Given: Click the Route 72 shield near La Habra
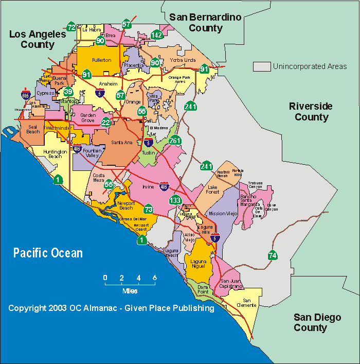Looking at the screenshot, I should pos(71,27).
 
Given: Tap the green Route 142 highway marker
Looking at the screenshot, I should pos(157,35).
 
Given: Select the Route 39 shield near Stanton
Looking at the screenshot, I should pos(68,92).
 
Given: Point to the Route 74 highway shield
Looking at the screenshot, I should pos(273,255).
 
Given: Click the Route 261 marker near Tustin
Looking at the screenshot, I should pos(175,141).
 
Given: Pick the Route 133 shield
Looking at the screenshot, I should pos(176,200).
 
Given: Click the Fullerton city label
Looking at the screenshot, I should pos(101,60).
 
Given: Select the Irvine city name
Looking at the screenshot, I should pos(148,187).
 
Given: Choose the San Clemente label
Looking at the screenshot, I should pos(249,303).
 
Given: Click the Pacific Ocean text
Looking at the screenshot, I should pos(48,253).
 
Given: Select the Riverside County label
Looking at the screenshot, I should pos(311,112).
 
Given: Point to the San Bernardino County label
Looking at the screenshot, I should pos(205,23).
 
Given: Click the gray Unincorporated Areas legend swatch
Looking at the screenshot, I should pos(261,66).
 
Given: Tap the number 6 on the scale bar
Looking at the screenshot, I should pos(154,278).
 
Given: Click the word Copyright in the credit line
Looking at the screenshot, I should pos(27,308).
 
